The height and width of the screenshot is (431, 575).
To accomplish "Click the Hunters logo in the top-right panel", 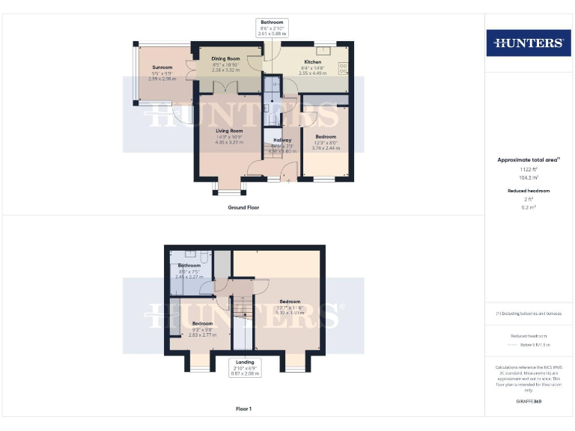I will (529, 43).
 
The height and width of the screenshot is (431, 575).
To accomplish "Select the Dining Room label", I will (225, 58).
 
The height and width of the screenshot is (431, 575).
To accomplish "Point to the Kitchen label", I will (313, 62).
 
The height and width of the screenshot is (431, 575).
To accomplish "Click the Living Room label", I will (230, 131).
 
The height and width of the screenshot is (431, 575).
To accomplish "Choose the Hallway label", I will (282, 140).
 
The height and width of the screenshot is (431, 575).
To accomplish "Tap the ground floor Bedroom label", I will (326, 137).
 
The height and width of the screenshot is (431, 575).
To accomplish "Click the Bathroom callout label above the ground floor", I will (271, 22).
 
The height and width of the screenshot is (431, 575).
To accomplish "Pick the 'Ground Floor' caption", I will (243, 207).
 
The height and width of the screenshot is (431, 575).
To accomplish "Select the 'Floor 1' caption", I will (243, 409).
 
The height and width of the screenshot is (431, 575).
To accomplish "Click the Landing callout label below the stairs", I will (244, 362).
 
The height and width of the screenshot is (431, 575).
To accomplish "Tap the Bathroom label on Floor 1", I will (189, 266).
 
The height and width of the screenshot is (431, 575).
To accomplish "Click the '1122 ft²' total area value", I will (529, 169).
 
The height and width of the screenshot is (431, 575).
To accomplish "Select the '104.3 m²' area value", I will (529, 177).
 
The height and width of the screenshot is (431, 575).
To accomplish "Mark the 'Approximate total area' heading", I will (527, 159).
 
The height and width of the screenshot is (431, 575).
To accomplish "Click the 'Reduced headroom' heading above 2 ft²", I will (529, 191).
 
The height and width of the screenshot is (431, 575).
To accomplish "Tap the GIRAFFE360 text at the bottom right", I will (529, 403).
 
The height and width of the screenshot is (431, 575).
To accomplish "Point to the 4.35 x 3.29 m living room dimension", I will (230, 142).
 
